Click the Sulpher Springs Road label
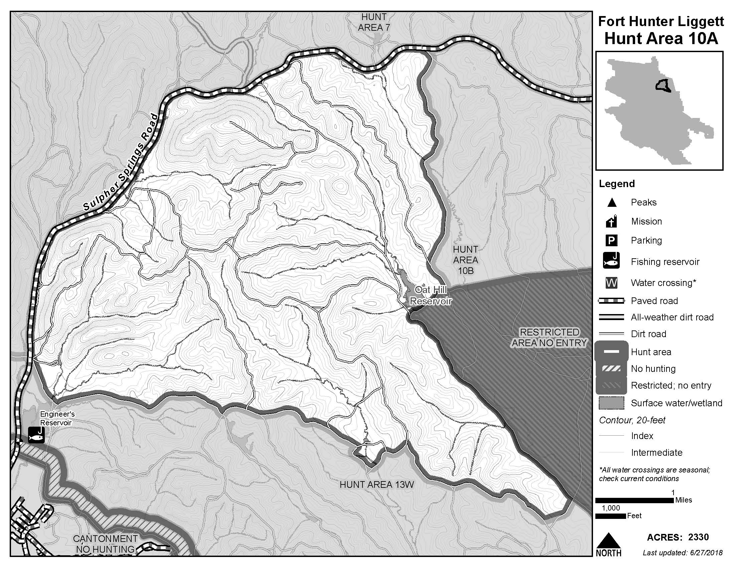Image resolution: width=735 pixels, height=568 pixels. tap(120, 162)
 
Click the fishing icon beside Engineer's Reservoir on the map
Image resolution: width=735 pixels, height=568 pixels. tap(36, 435)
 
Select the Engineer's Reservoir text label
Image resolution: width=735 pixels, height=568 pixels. tap(56, 418)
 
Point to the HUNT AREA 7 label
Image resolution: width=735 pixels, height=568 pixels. tap(374, 22)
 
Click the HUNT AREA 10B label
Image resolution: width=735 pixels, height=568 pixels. tap(465, 260)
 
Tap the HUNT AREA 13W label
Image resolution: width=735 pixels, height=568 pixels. tap(377, 484)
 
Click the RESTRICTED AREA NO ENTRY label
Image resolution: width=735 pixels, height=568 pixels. tap(549, 337)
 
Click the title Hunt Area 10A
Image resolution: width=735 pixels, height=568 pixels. tap(661, 38)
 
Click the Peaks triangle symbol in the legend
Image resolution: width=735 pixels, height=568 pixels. tap(612, 202)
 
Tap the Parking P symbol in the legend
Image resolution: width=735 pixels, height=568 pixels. tap(611, 241)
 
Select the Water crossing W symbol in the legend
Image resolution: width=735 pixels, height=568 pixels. tap(611, 283)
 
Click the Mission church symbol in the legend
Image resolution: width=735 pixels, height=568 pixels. tap(611, 222)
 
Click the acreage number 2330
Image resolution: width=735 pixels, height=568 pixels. tap(698, 537)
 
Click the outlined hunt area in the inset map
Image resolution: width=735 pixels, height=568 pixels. tap(663, 86)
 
